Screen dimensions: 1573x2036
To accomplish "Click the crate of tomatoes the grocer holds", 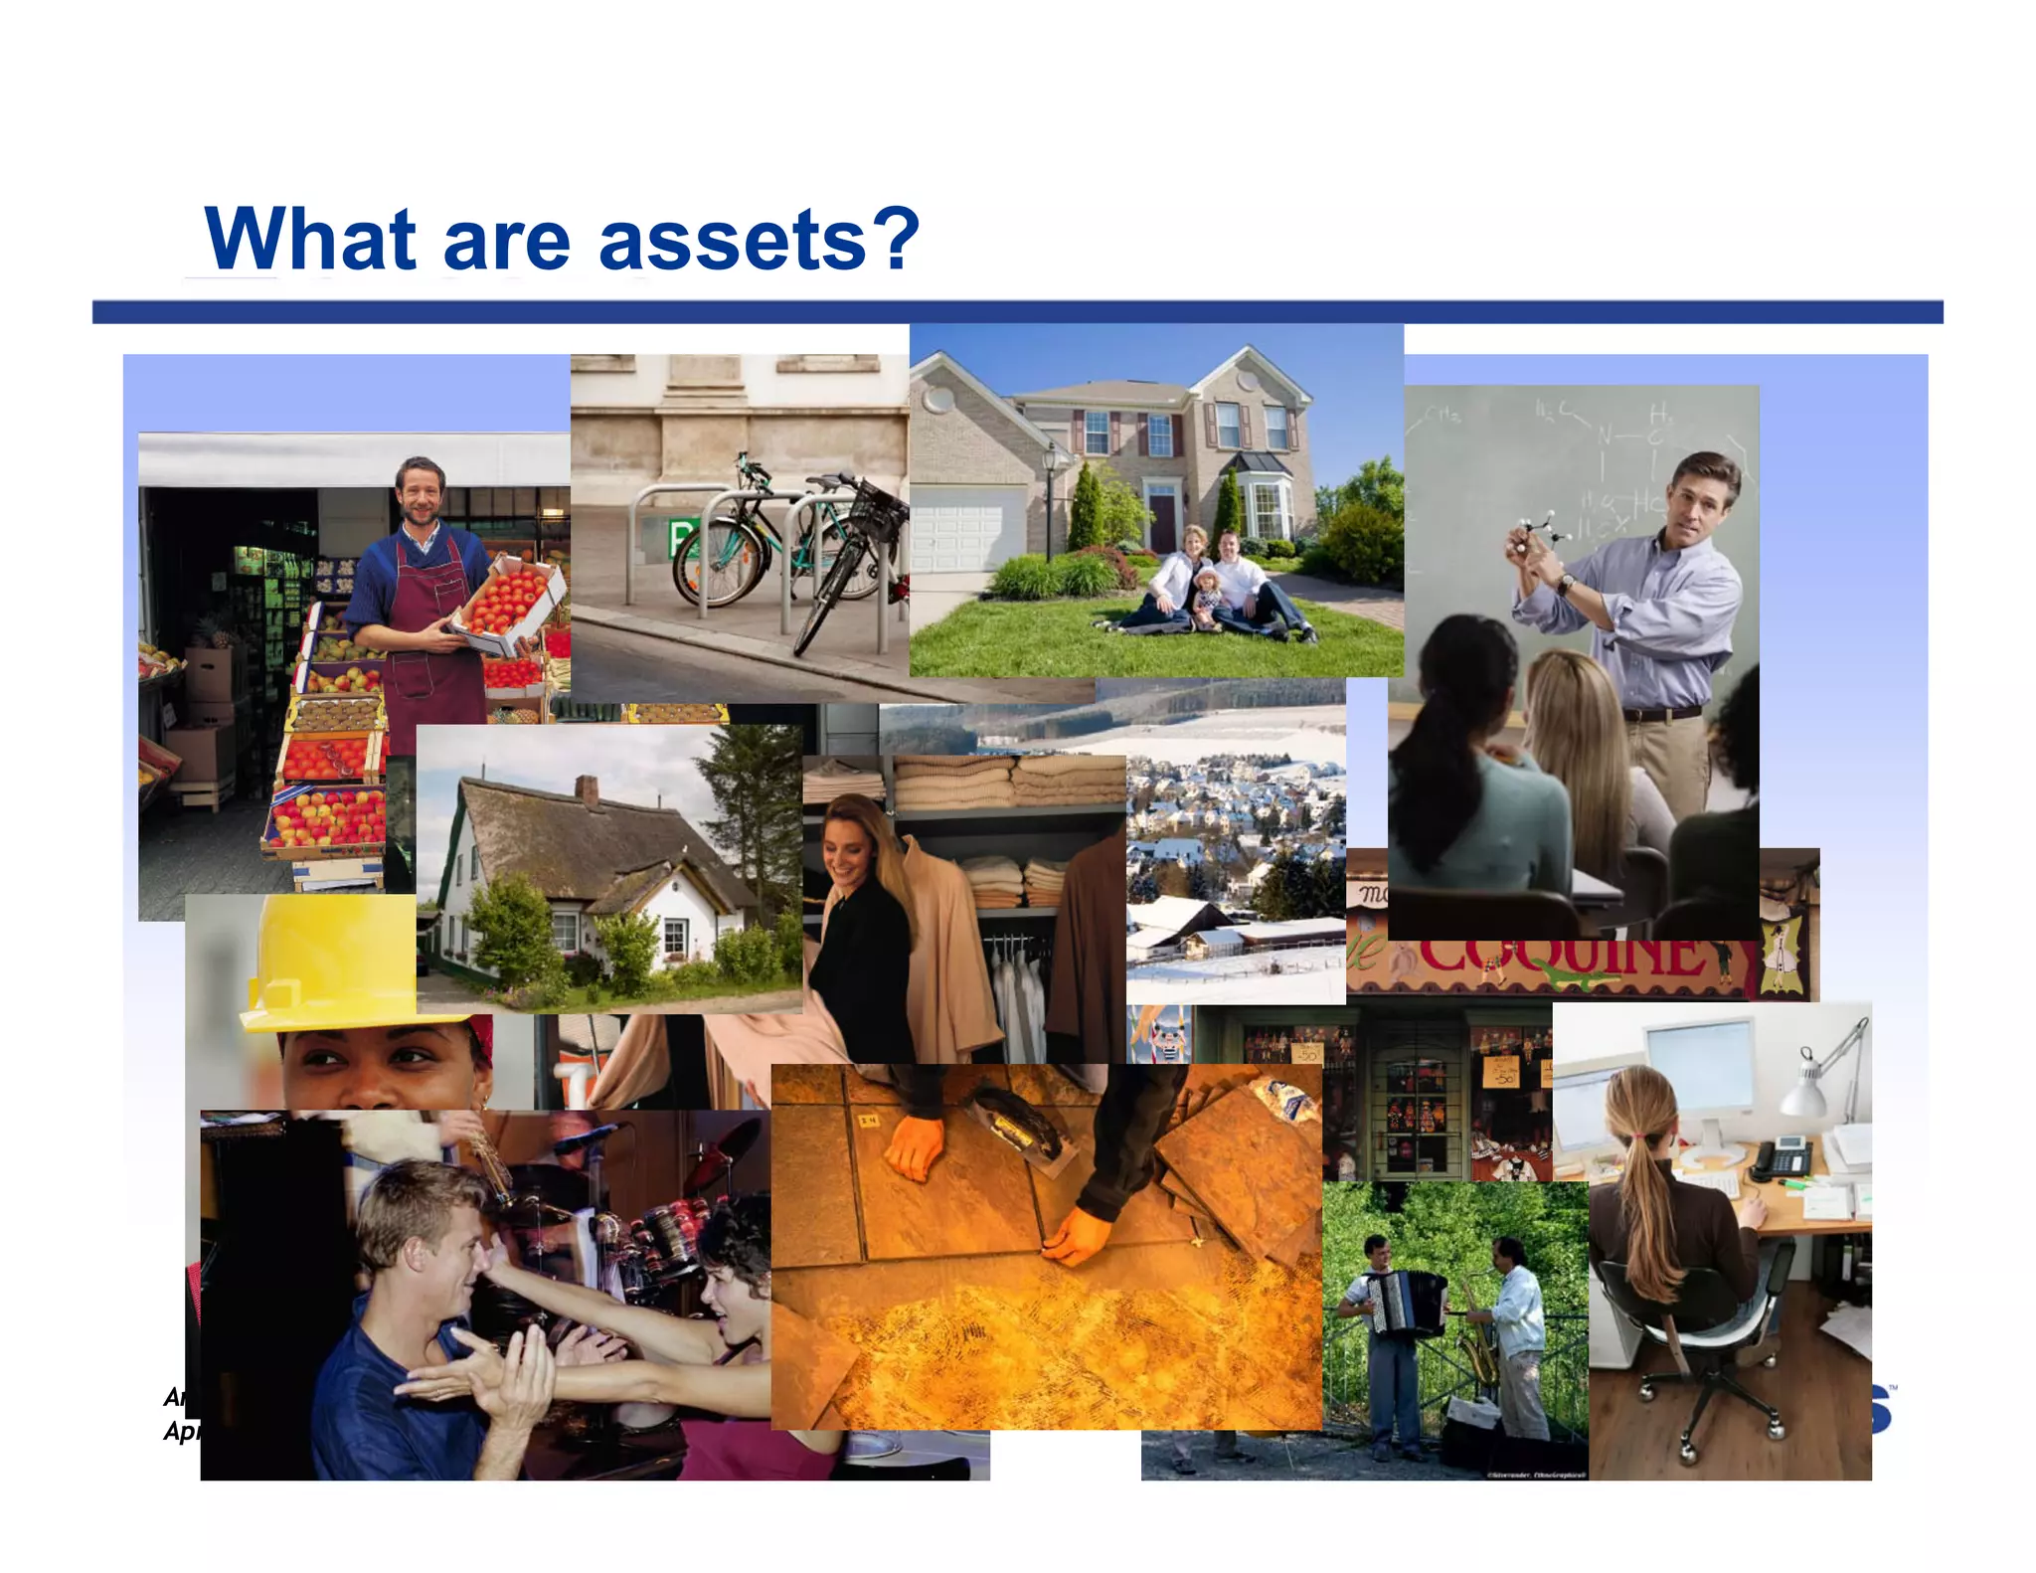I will click(x=507, y=603).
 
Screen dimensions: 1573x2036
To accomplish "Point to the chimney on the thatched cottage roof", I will click(x=587, y=790).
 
